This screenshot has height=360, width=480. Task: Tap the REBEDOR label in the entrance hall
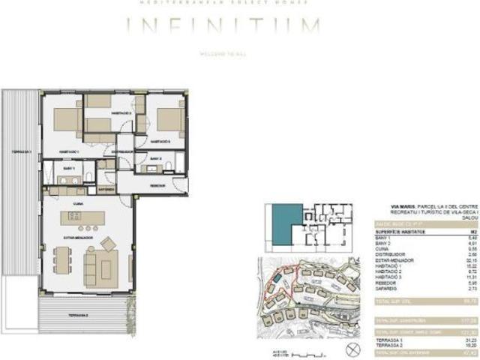157,184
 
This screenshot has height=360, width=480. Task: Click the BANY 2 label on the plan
154,159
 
